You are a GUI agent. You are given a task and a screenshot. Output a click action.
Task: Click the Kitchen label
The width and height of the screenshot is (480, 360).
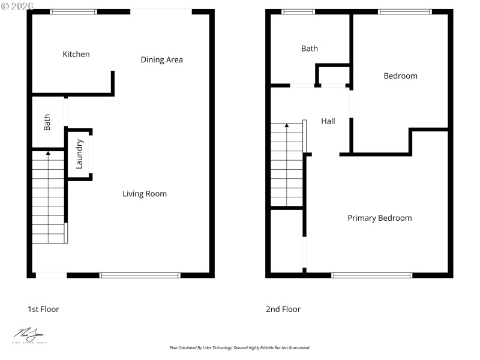(x=76, y=55)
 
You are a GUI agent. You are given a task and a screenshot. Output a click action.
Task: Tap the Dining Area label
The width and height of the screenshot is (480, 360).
(x=161, y=59)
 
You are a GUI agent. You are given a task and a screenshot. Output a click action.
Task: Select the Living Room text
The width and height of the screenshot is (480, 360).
(x=145, y=194)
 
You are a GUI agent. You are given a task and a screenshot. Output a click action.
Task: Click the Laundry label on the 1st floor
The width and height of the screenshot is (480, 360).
(x=79, y=154)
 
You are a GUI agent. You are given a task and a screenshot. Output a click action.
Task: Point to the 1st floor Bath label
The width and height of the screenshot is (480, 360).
(x=47, y=122)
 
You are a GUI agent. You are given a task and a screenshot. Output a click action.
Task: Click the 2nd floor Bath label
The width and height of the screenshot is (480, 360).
(x=310, y=49)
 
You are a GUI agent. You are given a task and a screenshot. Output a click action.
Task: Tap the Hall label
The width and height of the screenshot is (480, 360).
(x=328, y=121)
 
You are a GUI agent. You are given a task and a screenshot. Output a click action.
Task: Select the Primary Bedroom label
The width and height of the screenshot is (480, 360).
(x=380, y=218)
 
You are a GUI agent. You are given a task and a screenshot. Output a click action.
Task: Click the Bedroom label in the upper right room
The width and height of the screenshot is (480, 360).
(x=400, y=76)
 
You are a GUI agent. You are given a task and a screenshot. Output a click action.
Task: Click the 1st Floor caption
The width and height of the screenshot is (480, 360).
(x=43, y=309)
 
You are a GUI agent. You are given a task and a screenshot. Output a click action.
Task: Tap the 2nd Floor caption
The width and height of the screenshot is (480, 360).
(x=283, y=309)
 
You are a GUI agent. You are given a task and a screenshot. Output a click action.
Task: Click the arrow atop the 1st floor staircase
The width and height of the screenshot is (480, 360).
(x=48, y=154)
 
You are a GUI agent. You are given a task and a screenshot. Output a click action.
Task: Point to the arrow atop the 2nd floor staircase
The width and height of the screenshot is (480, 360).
(x=287, y=126)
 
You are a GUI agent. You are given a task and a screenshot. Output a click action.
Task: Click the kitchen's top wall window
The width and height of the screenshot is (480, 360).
(x=73, y=11)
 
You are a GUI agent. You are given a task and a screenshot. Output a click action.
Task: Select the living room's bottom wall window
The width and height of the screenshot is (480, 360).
(x=140, y=275)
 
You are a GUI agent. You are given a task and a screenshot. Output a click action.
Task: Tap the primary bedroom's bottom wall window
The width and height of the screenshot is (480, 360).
(x=372, y=275)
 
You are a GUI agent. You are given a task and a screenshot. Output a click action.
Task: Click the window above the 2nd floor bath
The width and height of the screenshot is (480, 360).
(x=299, y=11)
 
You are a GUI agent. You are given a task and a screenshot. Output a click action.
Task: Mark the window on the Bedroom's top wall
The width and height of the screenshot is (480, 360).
(x=404, y=11)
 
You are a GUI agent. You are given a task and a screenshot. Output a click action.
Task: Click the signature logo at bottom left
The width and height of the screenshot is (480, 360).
(x=29, y=335)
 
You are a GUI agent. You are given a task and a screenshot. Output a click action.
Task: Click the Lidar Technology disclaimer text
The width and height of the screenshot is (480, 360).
(x=240, y=347)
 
